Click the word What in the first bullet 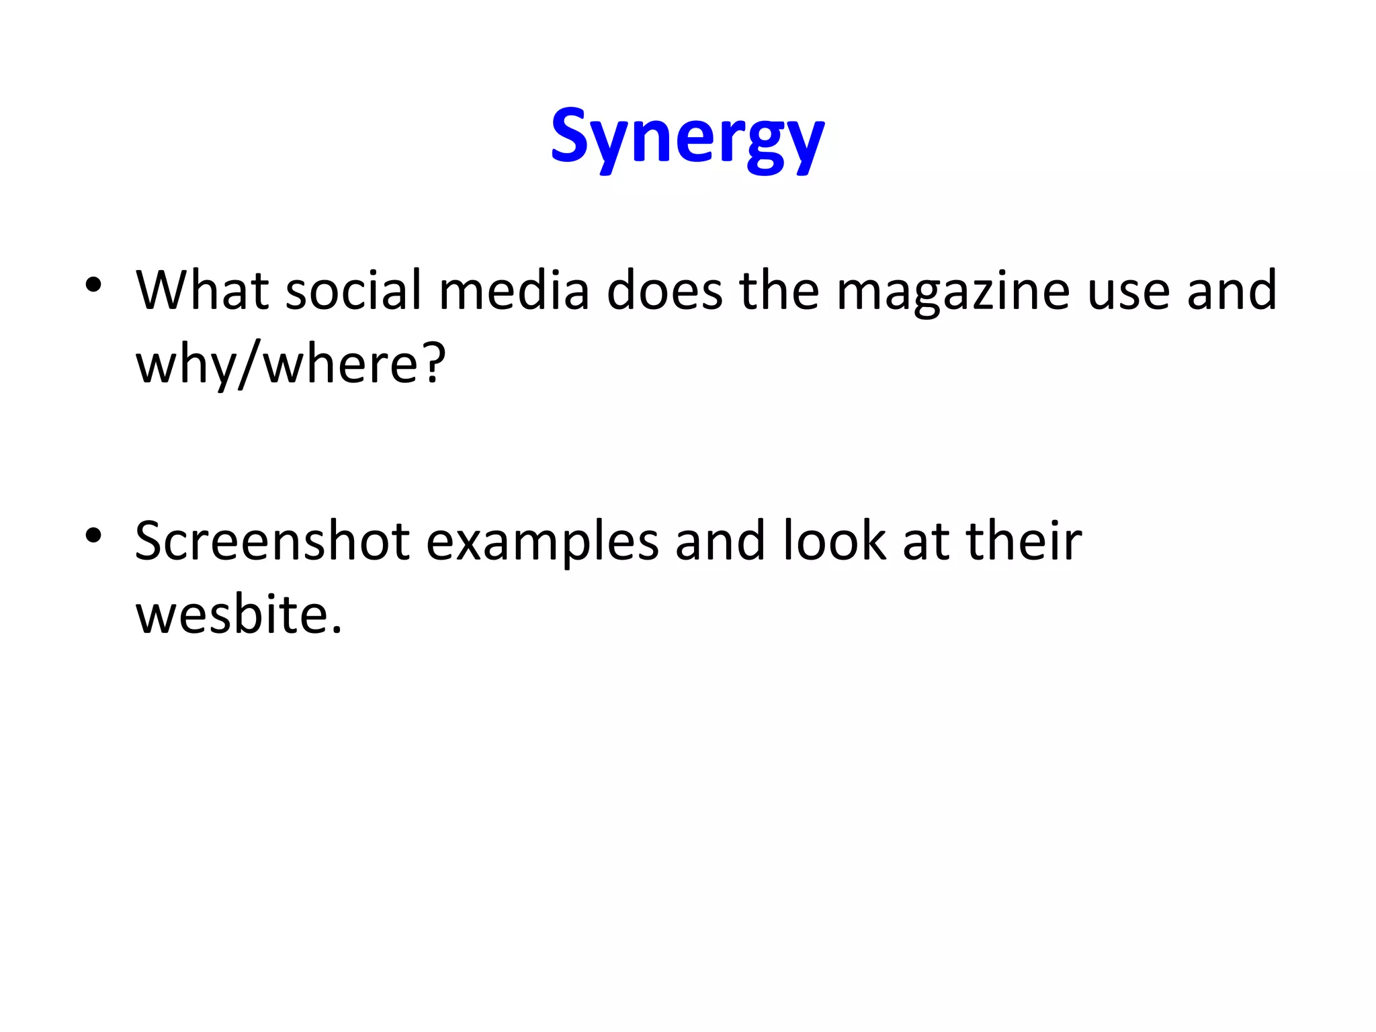point(202,290)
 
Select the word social point(353,290)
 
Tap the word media point(514,290)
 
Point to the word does point(664,290)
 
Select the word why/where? point(291,364)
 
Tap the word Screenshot point(272,541)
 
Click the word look point(834,541)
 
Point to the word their point(1024,541)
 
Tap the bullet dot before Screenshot point(93,535)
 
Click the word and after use point(1232,290)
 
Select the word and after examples point(720,541)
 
